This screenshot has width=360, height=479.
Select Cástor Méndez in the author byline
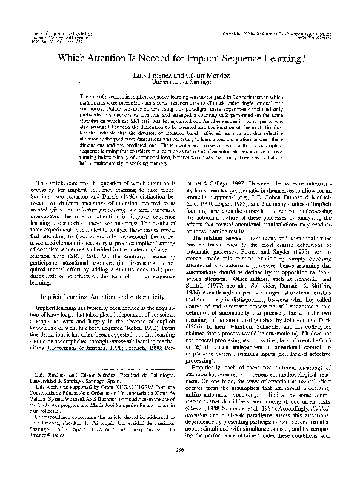click(199, 73)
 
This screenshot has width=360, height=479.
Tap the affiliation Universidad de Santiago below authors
click(179, 81)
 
